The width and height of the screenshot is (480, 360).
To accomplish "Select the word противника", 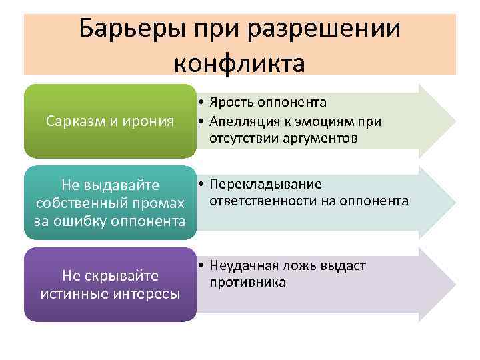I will pos(247,283).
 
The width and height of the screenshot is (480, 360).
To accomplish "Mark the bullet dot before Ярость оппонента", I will pos(200,103).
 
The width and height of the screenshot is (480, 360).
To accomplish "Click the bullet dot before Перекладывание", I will pos(200,185).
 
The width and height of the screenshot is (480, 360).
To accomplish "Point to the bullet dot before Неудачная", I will pos(200,266).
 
